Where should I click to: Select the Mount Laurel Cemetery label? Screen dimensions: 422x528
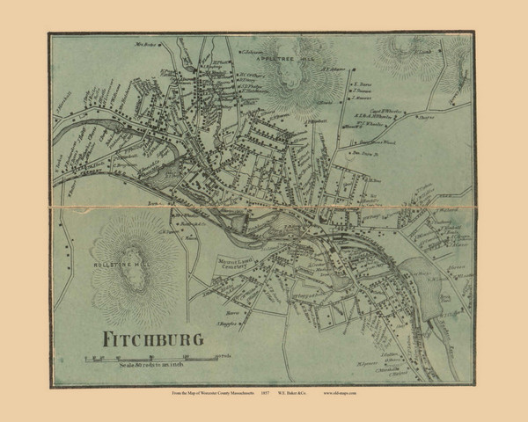pos(236,265)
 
